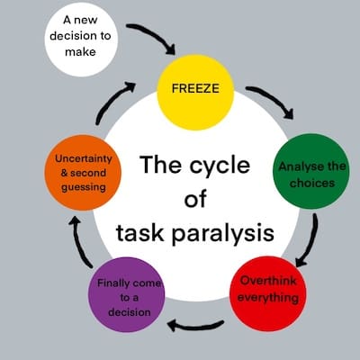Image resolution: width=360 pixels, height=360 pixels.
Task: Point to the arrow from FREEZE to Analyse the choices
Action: pyautogui.click(x=271, y=100)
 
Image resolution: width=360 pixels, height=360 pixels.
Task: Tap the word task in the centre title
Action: pyautogui.click(x=141, y=235)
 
